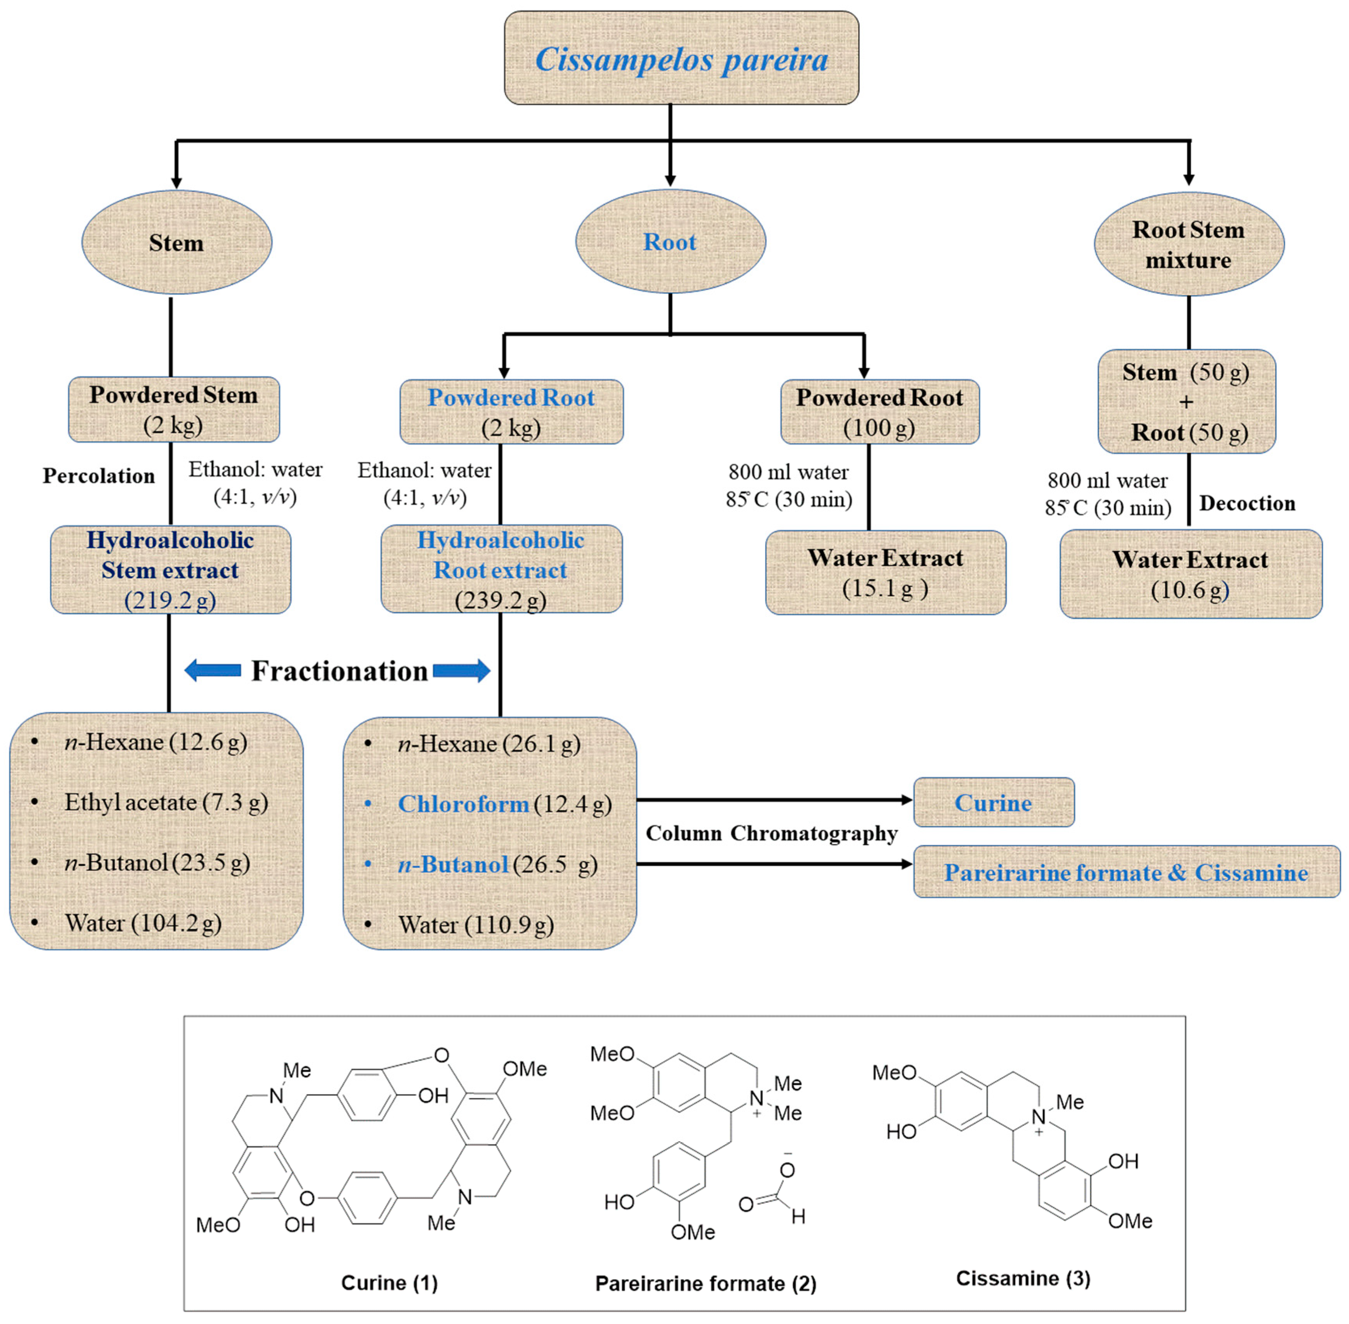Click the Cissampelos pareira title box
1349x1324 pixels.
coord(681,58)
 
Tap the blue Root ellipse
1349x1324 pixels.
coord(670,241)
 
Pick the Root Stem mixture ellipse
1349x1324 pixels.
coord(1188,244)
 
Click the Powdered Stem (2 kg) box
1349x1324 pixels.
coord(174,409)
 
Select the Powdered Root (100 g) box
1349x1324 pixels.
coord(879,412)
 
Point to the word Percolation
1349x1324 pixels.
coord(99,476)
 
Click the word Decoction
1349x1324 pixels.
coord(1247,503)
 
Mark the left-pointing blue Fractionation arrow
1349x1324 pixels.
coord(213,670)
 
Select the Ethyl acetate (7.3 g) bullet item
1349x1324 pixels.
coord(166,802)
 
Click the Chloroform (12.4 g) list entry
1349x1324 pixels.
coord(504,804)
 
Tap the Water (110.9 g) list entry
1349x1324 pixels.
coord(475,925)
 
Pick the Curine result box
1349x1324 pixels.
coord(993,802)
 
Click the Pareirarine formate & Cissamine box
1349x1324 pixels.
coord(1126,872)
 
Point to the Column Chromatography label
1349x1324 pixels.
coord(771,833)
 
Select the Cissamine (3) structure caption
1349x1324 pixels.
coord(1022,1278)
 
